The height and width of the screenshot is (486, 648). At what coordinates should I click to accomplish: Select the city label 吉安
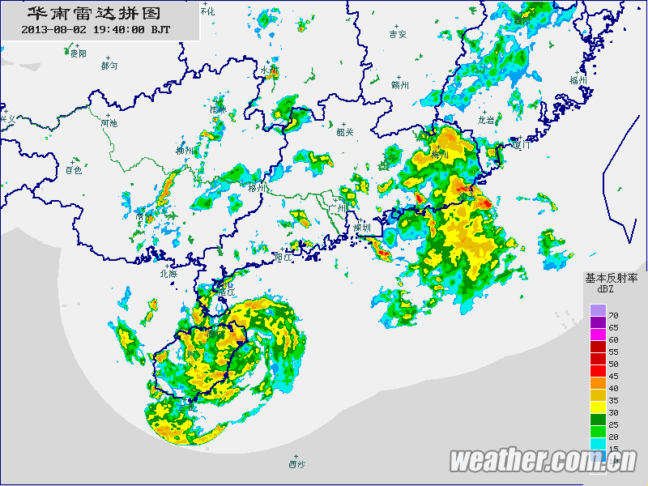pyautogui.click(x=397, y=35)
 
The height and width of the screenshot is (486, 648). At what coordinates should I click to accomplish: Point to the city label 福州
pyautogui.click(x=578, y=80)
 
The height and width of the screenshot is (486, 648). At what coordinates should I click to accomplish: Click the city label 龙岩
pyautogui.click(x=486, y=119)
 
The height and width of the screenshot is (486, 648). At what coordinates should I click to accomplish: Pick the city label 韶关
pyautogui.click(x=345, y=132)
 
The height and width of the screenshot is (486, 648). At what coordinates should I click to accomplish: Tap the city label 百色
pyautogui.click(x=74, y=170)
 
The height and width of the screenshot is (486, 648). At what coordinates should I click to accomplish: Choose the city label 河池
pyautogui.click(x=109, y=123)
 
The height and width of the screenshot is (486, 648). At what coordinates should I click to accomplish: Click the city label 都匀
pyautogui.click(x=109, y=65)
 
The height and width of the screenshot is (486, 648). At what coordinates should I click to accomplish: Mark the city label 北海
pyautogui.click(x=168, y=274)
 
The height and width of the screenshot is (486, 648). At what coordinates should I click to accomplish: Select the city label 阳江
pyautogui.click(x=283, y=257)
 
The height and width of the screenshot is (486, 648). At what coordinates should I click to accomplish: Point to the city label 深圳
pyautogui.click(x=361, y=228)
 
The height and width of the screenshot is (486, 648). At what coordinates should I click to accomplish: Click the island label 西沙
pyautogui.click(x=296, y=465)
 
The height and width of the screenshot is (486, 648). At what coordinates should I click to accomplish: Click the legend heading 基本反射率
pyautogui.click(x=612, y=277)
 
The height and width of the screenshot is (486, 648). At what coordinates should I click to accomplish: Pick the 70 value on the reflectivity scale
pyautogui.click(x=613, y=314)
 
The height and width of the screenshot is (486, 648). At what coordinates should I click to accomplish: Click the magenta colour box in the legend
pyautogui.click(x=598, y=334)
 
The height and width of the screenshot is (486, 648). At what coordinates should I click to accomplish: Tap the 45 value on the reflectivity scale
pyautogui.click(x=613, y=376)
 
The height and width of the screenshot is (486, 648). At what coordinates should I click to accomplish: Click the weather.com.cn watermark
pyautogui.click(x=543, y=461)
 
